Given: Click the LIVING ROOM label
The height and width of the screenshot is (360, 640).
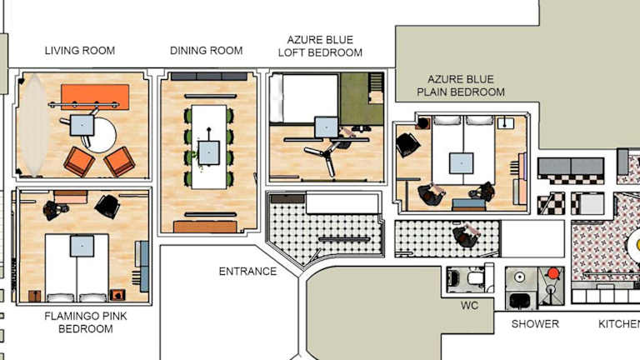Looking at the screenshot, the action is pyautogui.click(x=80, y=51).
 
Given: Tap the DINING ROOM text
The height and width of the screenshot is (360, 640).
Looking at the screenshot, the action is pyautogui.click(x=206, y=51).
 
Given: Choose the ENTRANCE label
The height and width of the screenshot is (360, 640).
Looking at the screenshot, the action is pyautogui.click(x=247, y=272).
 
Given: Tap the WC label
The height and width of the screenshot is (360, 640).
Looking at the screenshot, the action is pyautogui.click(x=469, y=306).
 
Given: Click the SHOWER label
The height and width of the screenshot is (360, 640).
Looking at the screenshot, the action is pyautogui.click(x=535, y=324).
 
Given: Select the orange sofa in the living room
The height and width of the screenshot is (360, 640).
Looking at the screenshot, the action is pyautogui.click(x=95, y=97).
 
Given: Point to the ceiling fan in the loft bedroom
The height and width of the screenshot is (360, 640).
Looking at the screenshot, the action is pyautogui.click(x=325, y=155).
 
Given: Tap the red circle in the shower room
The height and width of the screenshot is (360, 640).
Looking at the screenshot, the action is pyautogui.click(x=553, y=273).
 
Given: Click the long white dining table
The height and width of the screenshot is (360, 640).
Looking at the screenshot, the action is pyautogui.click(x=209, y=147).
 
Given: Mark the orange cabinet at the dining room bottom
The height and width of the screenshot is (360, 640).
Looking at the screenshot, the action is pyautogui.click(x=205, y=227).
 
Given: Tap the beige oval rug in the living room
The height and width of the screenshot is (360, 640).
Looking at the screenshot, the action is pyautogui.click(x=34, y=124).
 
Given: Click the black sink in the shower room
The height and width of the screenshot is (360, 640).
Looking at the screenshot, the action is pyautogui.click(x=520, y=301).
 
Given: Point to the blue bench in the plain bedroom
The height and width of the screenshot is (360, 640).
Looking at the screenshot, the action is pyautogui.click(x=469, y=203).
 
